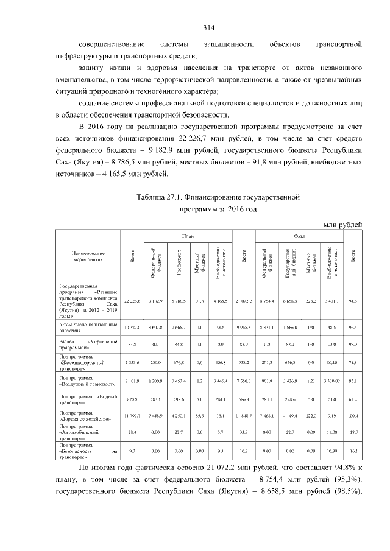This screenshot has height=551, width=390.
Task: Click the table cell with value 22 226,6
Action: (132, 301)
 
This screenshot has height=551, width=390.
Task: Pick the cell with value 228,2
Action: (310, 301)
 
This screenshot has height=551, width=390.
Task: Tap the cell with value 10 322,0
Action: (132, 328)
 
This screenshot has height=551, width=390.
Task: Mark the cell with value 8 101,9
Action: (132, 382)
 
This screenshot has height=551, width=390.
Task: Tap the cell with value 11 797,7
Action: (132, 416)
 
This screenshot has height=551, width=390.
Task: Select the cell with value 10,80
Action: (332, 452)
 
